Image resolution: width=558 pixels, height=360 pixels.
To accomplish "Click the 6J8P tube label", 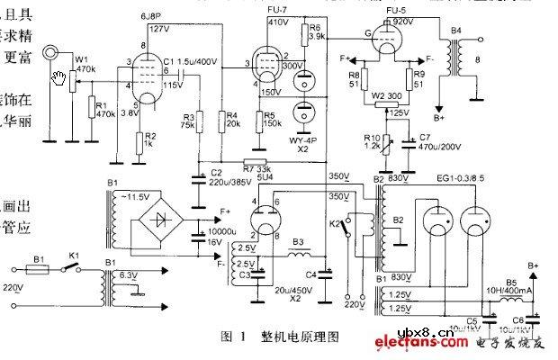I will coord(150,16).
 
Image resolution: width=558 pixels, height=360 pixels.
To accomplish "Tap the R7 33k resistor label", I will coord(256,168).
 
